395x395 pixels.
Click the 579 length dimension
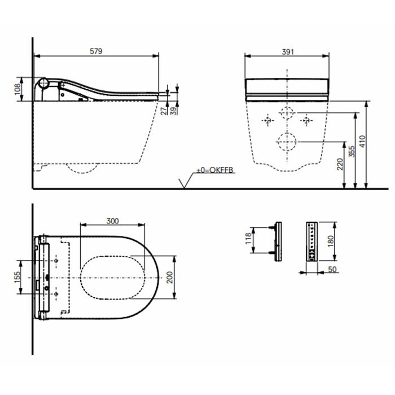tap(96, 51)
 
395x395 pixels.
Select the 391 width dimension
tap(288, 52)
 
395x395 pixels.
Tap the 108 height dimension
tap(17, 89)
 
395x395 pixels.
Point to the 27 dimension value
tap(164, 111)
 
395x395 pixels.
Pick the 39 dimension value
tap(173, 111)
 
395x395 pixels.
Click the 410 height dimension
tap(362, 141)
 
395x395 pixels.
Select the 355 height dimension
tap(352, 151)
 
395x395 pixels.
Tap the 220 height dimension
tap(340, 164)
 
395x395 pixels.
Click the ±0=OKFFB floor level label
tap(214, 170)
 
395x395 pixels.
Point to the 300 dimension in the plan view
tap(112, 221)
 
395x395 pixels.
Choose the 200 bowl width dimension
tap(170, 278)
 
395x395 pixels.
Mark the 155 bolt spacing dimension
tap(17, 277)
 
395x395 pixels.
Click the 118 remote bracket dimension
tap(248, 238)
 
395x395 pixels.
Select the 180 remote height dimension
tap(331, 241)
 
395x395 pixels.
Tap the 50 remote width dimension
tap(332, 269)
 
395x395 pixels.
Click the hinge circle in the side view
tap(44, 83)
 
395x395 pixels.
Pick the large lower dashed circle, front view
tap(287, 142)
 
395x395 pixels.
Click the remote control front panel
tap(312, 242)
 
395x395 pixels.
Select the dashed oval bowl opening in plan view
tap(113, 278)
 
